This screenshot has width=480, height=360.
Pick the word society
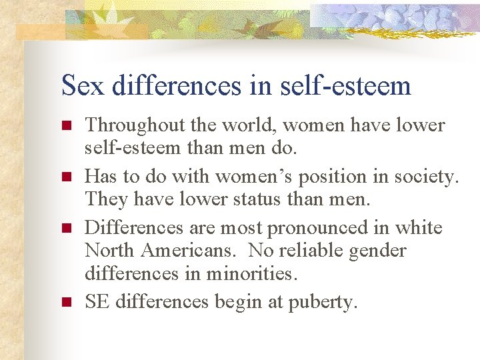425,177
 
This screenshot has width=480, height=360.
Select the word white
418,228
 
